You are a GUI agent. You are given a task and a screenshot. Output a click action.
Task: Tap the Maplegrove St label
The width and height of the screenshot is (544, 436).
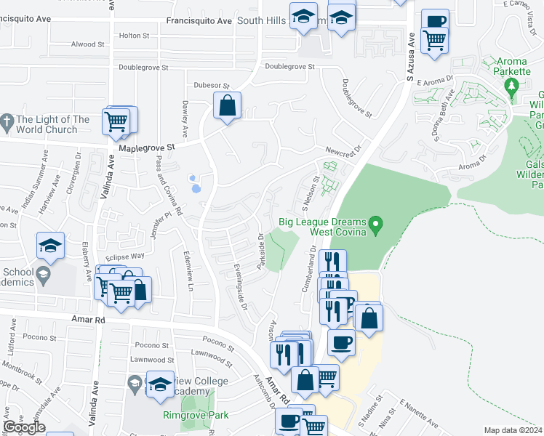(x=147, y=147)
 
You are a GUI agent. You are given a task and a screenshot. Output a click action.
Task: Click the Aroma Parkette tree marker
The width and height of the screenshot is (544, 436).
(x=512, y=87)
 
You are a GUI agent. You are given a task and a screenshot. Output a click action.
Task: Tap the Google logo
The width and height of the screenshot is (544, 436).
(x=24, y=427)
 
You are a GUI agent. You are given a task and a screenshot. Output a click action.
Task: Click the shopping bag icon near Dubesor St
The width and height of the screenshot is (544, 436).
(x=228, y=106)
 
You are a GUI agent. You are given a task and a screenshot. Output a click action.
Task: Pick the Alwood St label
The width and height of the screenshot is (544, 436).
(x=88, y=44)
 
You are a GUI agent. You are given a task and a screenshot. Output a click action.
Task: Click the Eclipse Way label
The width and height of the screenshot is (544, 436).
(x=124, y=257)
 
